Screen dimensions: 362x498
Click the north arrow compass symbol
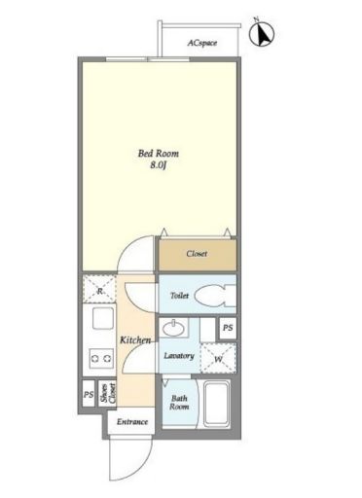pos(262,33)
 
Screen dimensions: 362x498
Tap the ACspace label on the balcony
pos(202,43)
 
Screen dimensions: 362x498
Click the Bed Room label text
pos(159,153)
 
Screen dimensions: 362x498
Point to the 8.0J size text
pos(159,165)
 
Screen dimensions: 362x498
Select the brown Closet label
pos(197,254)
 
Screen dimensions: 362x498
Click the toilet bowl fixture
pos(215,296)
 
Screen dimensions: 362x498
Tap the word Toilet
pos(179,296)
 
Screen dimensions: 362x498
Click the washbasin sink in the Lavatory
pos(173,329)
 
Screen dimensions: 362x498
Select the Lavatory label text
pos(179,356)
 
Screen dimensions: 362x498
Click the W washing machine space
pos(218,358)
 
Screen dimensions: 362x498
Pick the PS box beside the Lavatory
pos(228,328)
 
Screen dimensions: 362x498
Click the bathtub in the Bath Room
pos(217,404)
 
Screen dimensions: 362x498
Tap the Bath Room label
pos(179,403)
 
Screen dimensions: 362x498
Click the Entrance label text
pos(132,422)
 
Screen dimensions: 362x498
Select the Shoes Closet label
pos(108,393)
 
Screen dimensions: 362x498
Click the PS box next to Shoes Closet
pos(89,394)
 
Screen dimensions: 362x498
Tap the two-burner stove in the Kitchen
pos(102,358)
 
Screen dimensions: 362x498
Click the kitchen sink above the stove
pos(103,318)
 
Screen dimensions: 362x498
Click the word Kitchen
pos(135,340)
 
